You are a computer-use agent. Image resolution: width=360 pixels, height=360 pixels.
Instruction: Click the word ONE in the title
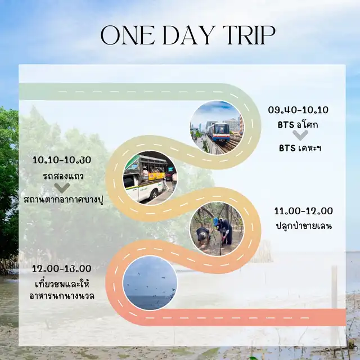pyautogui.click(x=128, y=35)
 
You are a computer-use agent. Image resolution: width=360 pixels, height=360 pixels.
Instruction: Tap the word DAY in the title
pyautogui.click(x=189, y=35)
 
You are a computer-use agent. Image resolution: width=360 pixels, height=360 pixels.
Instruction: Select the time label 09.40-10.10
pyautogui.click(x=298, y=110)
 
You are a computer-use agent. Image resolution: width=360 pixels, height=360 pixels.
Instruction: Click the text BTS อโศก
pyautogui.click(x=298, y=125)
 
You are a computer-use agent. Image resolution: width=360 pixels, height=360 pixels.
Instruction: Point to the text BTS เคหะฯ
pyautogui.click(x=300, y=148)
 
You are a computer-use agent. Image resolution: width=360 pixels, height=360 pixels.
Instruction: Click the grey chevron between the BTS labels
pyautogui.click(x=300, y=135)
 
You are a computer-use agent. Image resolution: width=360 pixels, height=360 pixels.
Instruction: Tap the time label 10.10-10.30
pyautogui.click(x=62, y=160)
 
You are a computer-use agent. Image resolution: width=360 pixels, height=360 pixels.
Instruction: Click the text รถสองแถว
pyautogui.click(x=63, y=176)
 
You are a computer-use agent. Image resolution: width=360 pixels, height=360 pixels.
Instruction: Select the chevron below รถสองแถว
pyautogui.click(x=62, y=188)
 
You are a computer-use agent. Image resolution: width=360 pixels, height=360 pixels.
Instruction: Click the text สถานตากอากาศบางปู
pyautogui.click(x=64, y=200)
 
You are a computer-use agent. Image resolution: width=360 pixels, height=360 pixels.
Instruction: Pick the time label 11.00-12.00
pyautogui.click(x=304, y=211)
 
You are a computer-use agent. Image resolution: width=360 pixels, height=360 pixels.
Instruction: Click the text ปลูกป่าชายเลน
pyautogui.click(x=304, y=226)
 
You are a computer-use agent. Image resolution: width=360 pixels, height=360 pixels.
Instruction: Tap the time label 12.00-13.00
pyautogui.click(x=61, y=269)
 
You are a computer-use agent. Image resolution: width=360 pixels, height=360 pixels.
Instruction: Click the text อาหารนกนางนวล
pyautogui.click(x=62, y=296)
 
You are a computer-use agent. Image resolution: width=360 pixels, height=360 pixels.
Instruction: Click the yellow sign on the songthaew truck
pyautogui.click(x=157, y=176)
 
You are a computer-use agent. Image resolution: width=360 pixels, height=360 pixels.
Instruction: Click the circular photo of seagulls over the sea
pyautogui.click(x=150, y=283)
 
